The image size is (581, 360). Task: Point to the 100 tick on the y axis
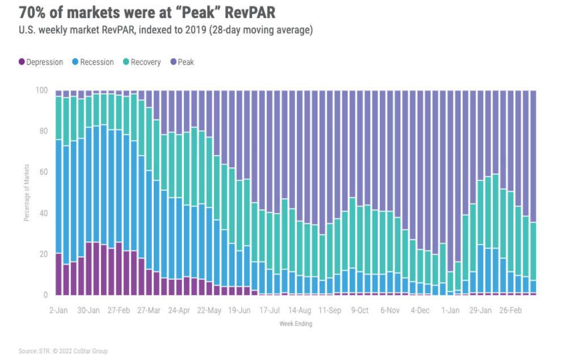(43, 91)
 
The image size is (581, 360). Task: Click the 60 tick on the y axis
(44, 172)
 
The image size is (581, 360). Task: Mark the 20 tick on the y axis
(44, 254)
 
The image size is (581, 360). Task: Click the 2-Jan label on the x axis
(58, 311)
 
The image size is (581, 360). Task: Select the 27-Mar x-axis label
(149, 311)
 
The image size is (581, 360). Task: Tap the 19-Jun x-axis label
(239, 311)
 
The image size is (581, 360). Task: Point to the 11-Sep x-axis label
(330, 311)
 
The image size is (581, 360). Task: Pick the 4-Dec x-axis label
(420, 311)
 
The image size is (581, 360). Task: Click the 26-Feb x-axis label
(511, 311)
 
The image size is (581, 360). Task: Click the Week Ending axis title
(295, 324)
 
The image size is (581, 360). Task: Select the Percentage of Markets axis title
(26, 192)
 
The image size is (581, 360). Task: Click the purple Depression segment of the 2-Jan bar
(58, 274)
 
